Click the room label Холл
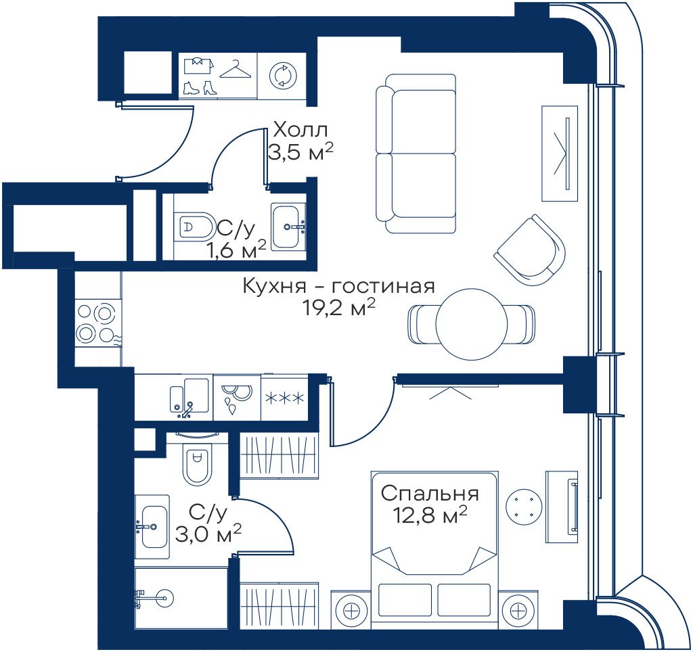301,131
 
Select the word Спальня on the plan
430,494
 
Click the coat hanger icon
236,70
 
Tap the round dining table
471,324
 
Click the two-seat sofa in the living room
416,154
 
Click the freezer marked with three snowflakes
285,398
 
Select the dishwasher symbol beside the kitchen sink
237,398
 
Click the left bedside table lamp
352,612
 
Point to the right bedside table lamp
518,612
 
